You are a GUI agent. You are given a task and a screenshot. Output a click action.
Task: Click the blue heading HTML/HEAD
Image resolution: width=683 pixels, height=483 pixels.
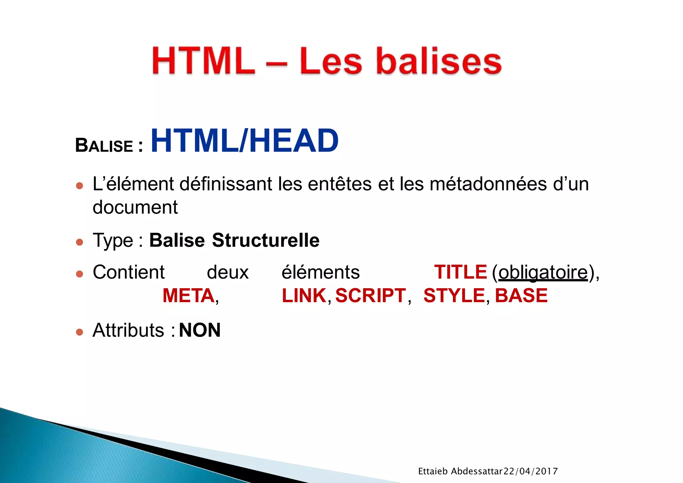[x=244, y=141]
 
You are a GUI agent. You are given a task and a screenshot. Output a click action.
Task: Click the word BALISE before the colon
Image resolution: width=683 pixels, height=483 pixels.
[x=104, y=146]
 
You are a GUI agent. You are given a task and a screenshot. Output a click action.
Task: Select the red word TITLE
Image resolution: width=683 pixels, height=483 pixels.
[x=460, y=272]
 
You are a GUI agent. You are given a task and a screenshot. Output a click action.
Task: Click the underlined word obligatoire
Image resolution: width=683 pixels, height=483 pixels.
[x=543, y=273]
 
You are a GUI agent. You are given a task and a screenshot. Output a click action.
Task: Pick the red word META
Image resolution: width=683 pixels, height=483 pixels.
[x=188, y=296]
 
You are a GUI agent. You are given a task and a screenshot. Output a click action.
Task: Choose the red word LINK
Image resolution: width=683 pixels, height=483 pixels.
[x=304, y=296]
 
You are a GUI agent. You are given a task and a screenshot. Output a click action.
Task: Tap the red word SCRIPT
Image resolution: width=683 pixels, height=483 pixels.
[x=371, y=296]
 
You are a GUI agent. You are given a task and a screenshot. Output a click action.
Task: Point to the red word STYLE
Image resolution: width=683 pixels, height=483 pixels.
[x=454, y=296]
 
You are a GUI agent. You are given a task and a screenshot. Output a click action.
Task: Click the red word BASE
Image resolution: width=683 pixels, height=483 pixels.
[x=521, y=296]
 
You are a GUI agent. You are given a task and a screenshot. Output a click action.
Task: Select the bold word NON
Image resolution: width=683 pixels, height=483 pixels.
[x=200, y=330]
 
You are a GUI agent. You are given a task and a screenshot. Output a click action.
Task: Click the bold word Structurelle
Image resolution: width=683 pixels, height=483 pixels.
[x=265, y=240]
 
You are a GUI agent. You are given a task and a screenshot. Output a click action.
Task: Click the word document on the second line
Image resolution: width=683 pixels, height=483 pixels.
[x=135, y=207]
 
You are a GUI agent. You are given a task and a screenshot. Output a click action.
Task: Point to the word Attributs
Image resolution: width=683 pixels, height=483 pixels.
[x=128, y=330]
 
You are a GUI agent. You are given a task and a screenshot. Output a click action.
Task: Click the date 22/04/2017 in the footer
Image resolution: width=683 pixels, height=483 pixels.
[x=530, y=471]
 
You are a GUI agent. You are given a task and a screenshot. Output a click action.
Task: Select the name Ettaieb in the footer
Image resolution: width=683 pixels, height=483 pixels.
[x=433, y=471]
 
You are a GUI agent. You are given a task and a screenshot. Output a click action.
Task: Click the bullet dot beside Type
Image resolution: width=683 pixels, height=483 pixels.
[x=79, y=241]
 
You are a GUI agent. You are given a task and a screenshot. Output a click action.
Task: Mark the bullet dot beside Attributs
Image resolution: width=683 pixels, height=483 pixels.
[x=79, y=332]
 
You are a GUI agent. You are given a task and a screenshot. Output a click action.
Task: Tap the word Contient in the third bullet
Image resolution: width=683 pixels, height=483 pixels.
[x=128, y=272]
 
